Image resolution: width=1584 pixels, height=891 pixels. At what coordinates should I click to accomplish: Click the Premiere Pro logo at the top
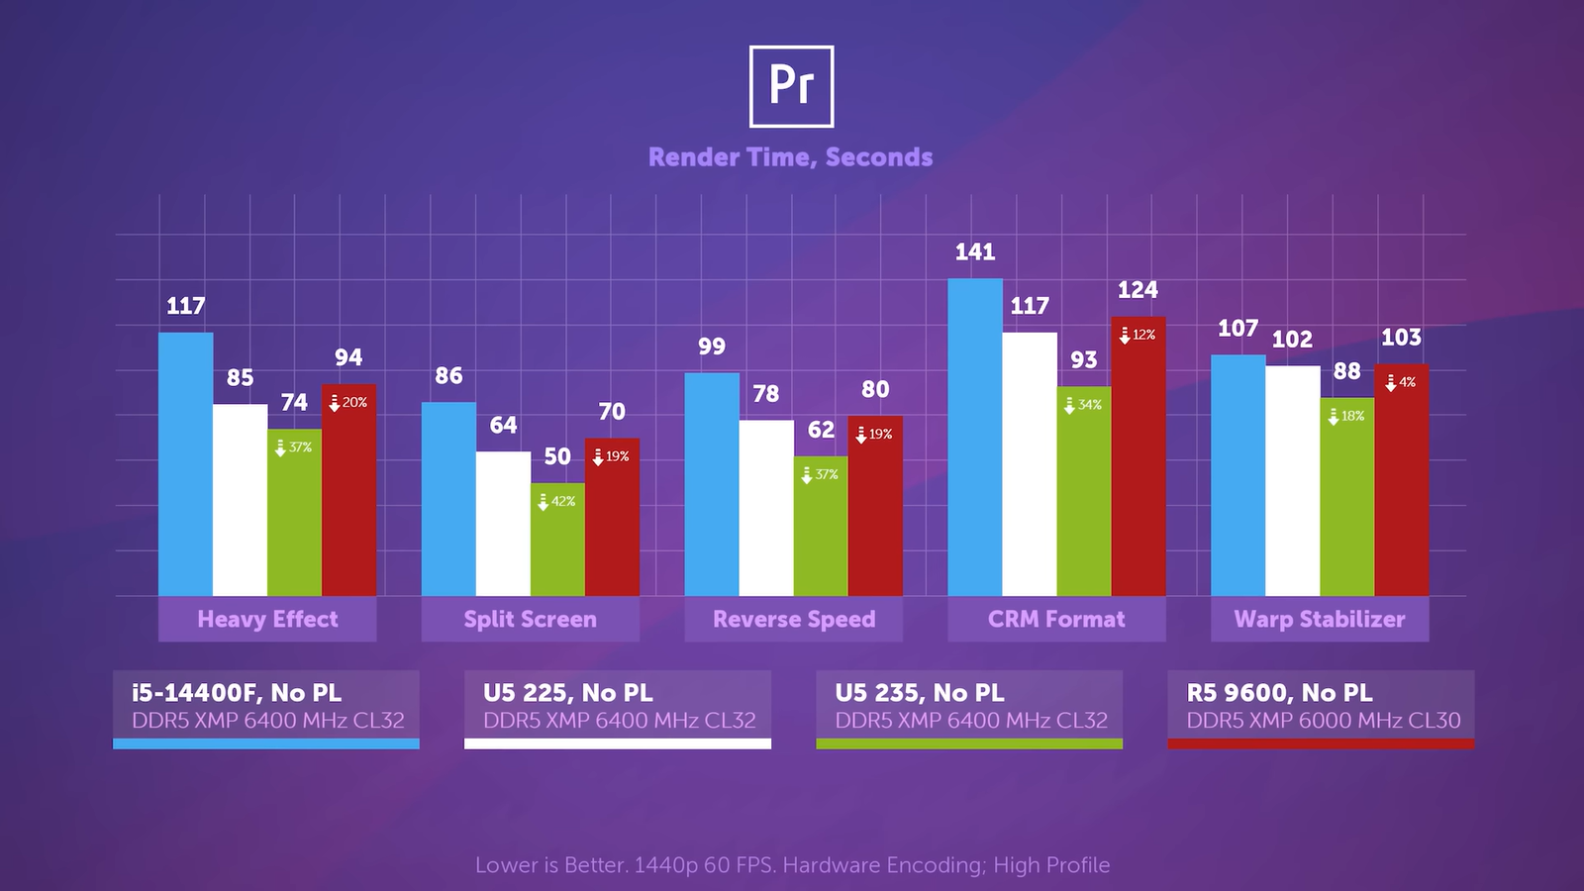coord(791,86)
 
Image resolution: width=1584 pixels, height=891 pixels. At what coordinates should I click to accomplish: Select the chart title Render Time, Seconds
coord(790,157)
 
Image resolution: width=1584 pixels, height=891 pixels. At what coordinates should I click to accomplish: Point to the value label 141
coord(975,252)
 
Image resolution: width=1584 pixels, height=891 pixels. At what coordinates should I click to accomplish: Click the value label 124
coord(1138,290)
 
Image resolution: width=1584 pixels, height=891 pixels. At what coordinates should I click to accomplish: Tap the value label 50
coord(557,456)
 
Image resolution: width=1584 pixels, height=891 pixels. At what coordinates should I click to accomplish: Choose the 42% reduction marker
coord(556,502)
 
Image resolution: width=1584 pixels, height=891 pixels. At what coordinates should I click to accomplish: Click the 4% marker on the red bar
coord(1400,382)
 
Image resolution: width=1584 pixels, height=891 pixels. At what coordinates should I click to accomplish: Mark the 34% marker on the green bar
coord(1082,405)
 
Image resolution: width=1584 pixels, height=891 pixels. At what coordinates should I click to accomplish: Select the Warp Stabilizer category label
coord(1320,619)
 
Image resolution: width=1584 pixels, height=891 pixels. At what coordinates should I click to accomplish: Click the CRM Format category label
coord(1056,619)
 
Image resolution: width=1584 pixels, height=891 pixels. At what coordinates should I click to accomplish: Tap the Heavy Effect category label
coord(267,619)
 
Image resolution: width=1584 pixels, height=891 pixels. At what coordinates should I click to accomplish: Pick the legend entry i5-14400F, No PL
coord(237,693)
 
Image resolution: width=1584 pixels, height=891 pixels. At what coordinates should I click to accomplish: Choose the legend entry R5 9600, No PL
coord(1279,693)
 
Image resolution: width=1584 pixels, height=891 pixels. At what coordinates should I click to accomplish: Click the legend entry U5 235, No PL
coord(919,693)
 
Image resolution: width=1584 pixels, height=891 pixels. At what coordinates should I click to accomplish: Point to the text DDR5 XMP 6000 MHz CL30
coord(1324,721)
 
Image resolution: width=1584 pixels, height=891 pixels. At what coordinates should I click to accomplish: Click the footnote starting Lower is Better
coord(792,865)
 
